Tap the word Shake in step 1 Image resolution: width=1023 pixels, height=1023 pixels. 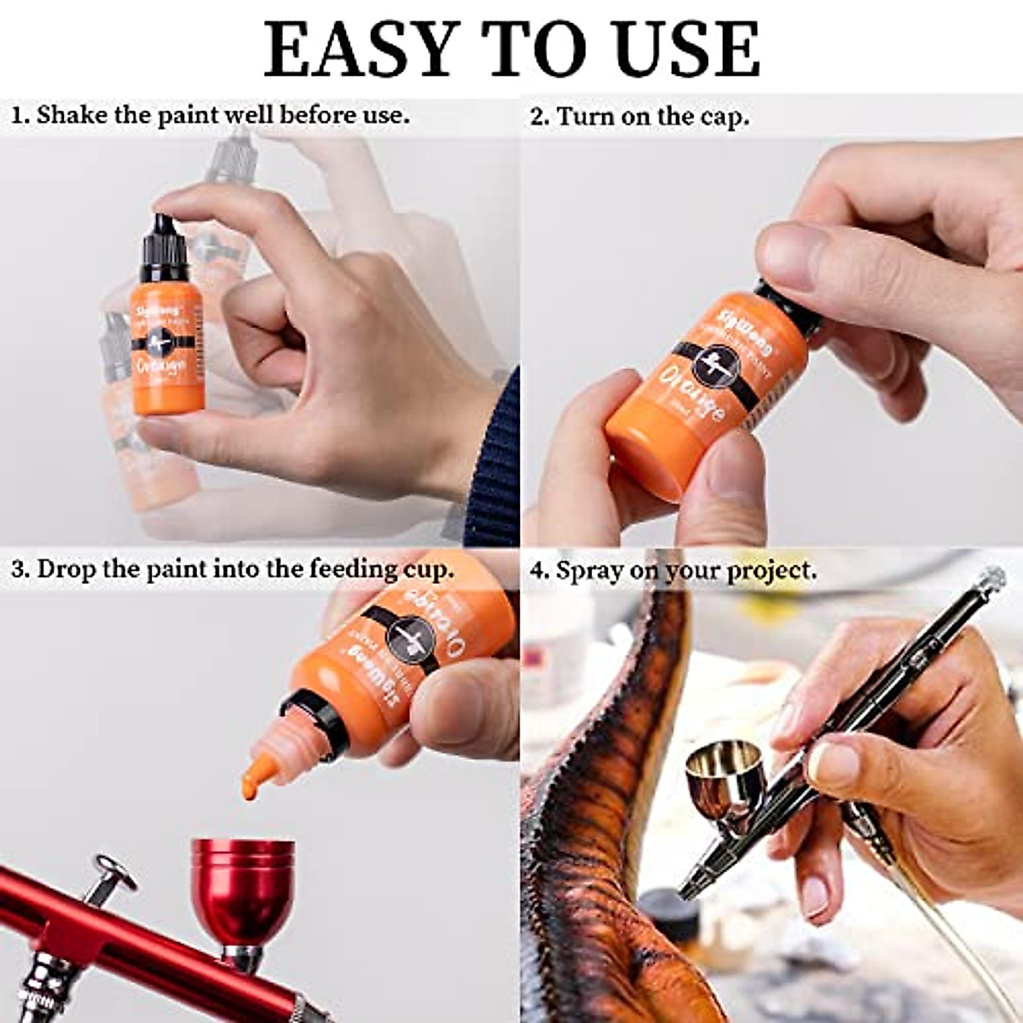pyautogui.click(x=72, y=115)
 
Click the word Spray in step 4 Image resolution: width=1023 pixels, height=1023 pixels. pyautogui.click(x=588, y=570)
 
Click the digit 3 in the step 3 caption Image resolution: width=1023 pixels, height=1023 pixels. pyautogui.click(x=18, y=569)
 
